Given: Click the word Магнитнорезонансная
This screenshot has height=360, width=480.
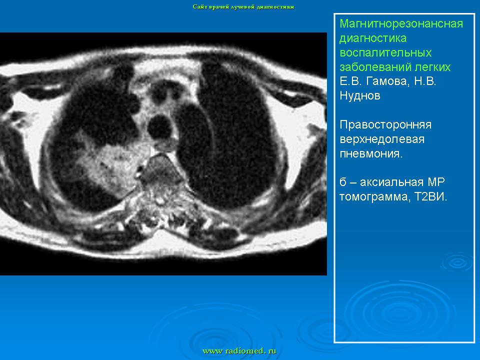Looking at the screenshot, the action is [x=401, y=23].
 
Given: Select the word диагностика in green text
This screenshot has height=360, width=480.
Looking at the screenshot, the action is [x=373, y=38].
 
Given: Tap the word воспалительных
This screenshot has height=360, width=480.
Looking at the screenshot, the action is [x=385, y=52].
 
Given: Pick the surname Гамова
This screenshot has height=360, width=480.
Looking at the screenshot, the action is [x=387, y=81].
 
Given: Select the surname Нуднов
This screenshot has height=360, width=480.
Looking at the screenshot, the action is [x=360, y=96].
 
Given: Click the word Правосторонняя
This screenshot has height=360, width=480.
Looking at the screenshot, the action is [x=385, y=124].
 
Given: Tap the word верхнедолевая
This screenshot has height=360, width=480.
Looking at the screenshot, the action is [x=382, y=139].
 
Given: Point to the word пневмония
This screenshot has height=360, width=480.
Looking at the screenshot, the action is [x=371, y=153].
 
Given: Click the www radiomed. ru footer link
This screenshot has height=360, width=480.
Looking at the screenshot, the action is [x=239, y=351].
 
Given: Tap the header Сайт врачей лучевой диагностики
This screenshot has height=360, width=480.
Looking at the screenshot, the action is [x=243, y=6].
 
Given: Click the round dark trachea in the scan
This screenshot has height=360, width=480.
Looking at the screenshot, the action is [x=159, y=126].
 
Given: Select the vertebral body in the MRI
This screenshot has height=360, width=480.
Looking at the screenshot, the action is [x=160, y=170].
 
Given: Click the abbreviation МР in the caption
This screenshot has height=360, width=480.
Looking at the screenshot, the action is [x=436, y=182].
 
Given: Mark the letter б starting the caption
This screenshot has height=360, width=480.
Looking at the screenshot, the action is [x=343, y=182].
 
